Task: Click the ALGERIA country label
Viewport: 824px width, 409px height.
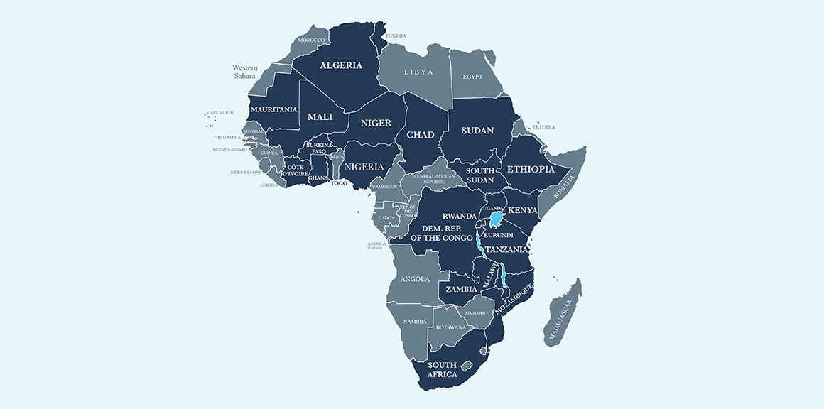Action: click(341, 65)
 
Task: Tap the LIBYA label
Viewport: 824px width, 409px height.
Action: click(418, 72)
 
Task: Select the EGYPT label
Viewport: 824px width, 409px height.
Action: click(472, 77)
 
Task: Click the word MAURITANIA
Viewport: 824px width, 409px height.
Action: click(273, 109)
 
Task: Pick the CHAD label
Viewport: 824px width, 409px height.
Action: click(420, 134)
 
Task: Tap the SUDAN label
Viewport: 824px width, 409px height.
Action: click(477, 131)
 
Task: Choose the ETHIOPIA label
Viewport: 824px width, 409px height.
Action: click(530, 169)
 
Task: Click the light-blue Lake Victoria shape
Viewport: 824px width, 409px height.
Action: click(498, 217)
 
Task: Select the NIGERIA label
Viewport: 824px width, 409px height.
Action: click(364, 167)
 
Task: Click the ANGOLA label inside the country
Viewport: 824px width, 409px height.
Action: click(416, 279)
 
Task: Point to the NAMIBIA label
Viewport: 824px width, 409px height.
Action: click(414, 322)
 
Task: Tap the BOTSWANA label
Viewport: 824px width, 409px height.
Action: click(451, 327)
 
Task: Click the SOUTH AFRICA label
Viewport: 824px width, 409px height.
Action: click(442, 369)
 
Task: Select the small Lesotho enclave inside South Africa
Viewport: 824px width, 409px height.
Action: click(467, 366)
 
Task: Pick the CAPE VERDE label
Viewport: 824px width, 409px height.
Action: click(220, 113)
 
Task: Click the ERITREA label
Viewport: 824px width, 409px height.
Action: click(543, 127)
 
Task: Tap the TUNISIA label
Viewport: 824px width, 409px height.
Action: click(396, 36)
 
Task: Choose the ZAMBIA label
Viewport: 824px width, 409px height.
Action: click(461, 290)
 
